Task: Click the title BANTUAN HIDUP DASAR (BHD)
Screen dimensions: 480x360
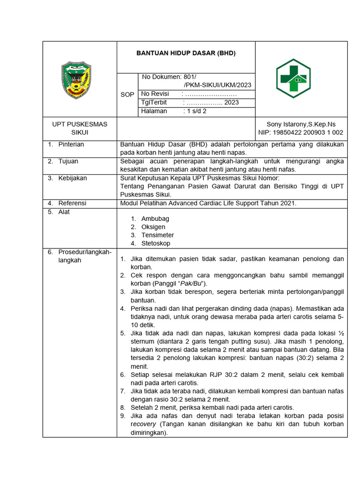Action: click(186, 53)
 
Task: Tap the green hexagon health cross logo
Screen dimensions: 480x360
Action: click(293, 78)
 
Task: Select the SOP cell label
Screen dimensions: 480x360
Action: click(127, 95)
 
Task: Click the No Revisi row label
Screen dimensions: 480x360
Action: click(155, 94)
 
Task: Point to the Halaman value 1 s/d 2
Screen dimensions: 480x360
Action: click(195, 111)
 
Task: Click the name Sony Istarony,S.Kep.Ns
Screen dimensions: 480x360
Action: click(301, 124)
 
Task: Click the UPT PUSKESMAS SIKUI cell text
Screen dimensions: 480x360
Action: click(79, 128)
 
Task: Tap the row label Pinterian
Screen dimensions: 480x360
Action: click(71, 144)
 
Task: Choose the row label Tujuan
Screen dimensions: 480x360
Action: click(68, 161)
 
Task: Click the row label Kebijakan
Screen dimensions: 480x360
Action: click(72, 178)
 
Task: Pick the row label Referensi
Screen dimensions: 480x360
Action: click(72, 203)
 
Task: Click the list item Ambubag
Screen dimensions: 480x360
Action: click(155, 218)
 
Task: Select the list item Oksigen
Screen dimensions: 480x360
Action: click(153, 227)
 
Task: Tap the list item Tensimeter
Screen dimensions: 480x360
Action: click(157, 235)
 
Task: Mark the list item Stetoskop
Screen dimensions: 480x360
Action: click(156, 243)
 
